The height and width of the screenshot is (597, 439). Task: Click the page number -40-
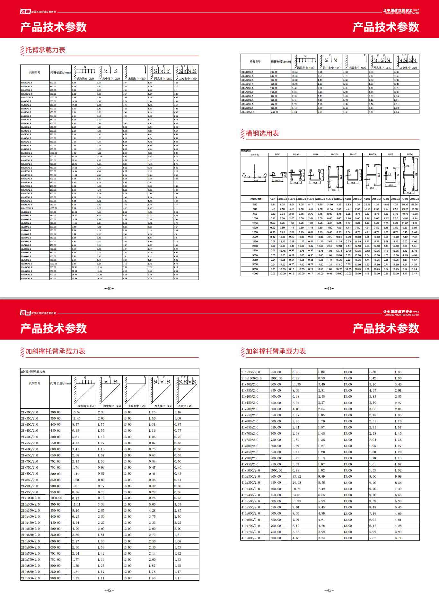[x=109, y=289]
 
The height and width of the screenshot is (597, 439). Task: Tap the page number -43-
[x=329, y=590]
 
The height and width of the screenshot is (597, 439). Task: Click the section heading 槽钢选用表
[x=262, y=134]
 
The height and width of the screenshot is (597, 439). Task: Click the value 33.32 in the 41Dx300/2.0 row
[x=296, y=476]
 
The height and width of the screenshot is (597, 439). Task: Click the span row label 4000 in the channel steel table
[x=255, y=274]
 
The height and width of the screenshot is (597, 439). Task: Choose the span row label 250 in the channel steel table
[x=255, y=204]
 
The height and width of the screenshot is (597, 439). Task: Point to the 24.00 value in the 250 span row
[x=329, y=204]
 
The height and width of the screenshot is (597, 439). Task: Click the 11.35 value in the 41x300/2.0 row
[x=296, y=384]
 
